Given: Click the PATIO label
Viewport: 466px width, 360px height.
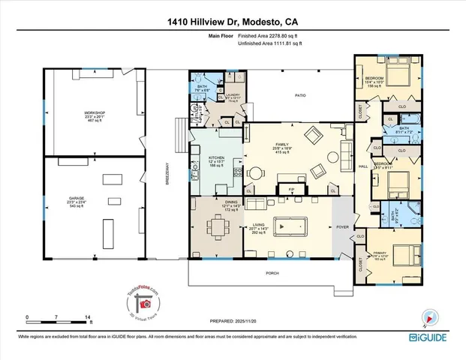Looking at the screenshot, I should [300, 95].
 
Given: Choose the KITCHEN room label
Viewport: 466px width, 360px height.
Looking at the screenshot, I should [216, 158].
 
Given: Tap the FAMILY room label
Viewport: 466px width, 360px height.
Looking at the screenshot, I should [287, 145].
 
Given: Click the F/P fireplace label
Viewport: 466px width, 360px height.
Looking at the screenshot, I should [293, 190].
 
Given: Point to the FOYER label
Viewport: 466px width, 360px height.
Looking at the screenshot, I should [343, 224].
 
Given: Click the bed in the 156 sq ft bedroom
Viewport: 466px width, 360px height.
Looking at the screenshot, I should [396, 78].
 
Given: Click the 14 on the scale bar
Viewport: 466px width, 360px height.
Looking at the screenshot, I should [89, 318].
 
